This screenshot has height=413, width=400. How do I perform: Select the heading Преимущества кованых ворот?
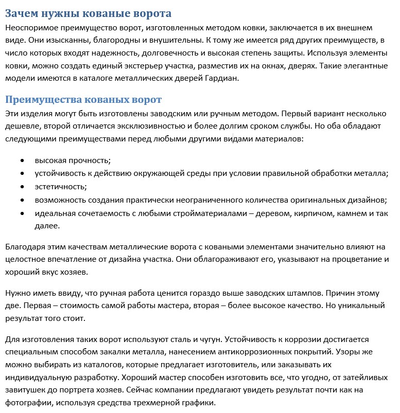click(x=83, y=99)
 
